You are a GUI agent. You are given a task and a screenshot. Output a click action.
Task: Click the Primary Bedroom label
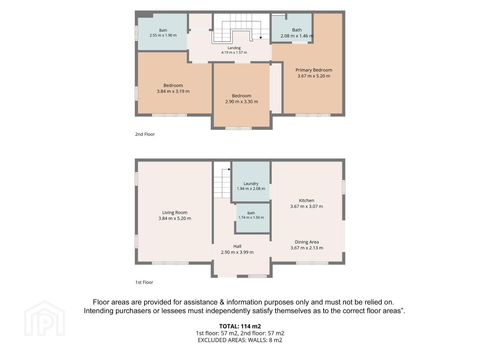(314, 70)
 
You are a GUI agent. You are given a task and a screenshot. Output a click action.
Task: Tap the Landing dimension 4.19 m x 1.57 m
(234, 52)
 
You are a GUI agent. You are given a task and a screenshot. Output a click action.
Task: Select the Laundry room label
(251, 184)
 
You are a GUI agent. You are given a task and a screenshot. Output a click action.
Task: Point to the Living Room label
(175, 212)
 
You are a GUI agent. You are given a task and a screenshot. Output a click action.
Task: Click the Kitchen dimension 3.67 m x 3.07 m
(306, 206)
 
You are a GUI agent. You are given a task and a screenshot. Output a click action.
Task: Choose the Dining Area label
(307, 242)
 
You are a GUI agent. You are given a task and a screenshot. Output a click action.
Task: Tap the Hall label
(237, 246)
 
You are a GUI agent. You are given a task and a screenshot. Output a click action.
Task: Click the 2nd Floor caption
(145, 134)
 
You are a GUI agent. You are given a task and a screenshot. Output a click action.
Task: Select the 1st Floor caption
(144, 282)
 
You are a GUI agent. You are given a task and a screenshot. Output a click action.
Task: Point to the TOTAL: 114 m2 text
(240, 326)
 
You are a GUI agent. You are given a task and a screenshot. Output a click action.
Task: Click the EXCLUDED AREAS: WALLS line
(240, 340)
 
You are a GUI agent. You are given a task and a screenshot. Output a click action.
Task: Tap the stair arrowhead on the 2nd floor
(261, 38)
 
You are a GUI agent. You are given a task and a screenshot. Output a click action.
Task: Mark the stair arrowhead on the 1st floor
(229, 169)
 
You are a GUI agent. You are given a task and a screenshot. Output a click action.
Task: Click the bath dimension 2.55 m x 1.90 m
(163, 35)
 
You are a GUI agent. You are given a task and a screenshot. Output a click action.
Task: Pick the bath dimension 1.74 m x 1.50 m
(251, 217)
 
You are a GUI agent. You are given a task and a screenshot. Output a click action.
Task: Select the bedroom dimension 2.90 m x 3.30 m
(241, 102)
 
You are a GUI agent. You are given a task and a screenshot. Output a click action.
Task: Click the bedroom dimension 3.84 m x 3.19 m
(173, 91)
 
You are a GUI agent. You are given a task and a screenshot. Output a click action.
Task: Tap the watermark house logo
(44, 318)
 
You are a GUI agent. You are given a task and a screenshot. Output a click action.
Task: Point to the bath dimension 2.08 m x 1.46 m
(297, 36)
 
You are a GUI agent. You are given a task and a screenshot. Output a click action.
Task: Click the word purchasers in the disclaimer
(133, 311)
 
